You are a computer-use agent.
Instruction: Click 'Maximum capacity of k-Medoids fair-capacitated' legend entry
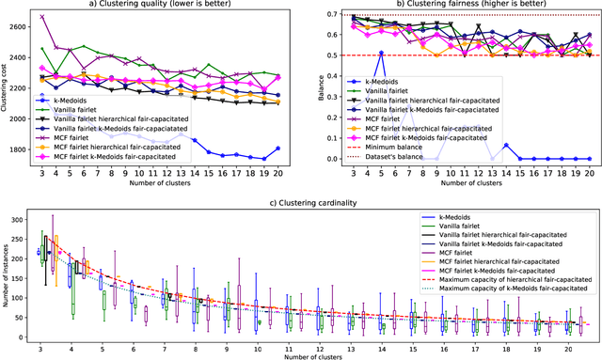click(x=499, y=290)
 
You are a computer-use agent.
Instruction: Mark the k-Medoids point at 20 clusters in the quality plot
click(x=276, y=148)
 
